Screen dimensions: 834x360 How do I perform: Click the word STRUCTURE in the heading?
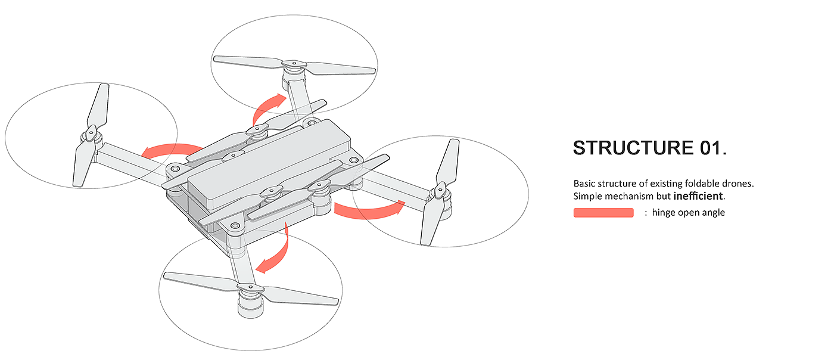point(631,148)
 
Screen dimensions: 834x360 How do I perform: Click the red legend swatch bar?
point(603,213)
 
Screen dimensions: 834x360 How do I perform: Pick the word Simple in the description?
point(587,196)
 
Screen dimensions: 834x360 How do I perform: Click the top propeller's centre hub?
point(292,64)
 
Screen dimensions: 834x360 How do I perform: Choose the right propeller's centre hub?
point(440,191)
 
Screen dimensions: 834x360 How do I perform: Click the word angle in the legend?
point(714,213)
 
